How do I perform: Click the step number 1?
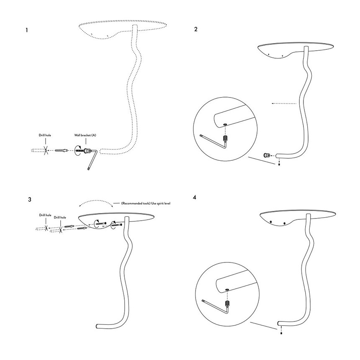27,30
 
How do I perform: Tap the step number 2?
196,30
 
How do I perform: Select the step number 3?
29,199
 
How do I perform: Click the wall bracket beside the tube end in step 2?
266,155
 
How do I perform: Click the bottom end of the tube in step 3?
98,326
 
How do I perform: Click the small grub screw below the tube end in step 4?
279,330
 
